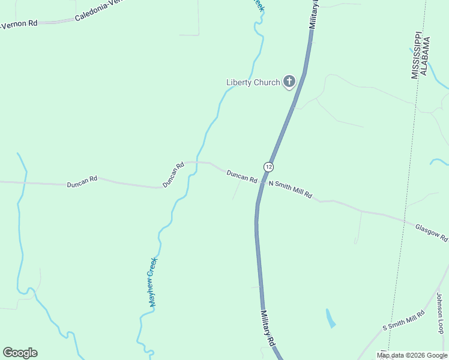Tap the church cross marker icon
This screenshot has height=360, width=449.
pos(289,81)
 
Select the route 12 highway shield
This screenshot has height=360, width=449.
pos(268,166)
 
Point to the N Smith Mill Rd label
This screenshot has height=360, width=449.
pos(291,190)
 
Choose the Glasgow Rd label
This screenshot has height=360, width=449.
pos(431,232)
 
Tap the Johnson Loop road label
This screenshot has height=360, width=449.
pos(440,313)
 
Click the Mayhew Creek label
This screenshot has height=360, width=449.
pos(153,282)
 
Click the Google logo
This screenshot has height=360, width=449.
pos(20,353)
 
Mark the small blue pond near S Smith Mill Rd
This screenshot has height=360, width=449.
pos(330,318)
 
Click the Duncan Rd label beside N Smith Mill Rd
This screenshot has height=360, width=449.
pos(242,176)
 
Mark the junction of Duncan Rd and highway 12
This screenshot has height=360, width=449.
pos(262,181)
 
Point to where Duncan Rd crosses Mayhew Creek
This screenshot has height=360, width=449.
pos(191,163)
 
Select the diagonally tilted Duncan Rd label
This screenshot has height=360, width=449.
pos(173,174)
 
